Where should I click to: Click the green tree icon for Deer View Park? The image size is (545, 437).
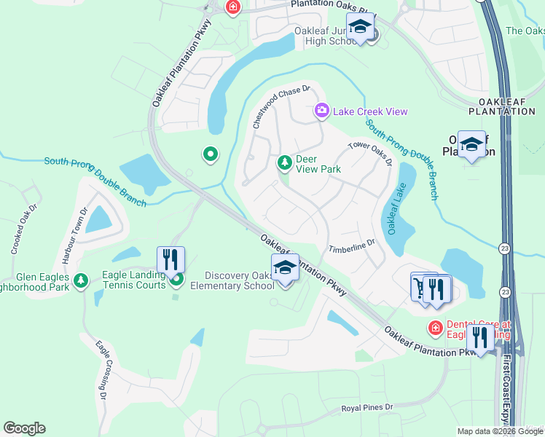coord(284,162)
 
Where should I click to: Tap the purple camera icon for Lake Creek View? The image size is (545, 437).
coord(321,111)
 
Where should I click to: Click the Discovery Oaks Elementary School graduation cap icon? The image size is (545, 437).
coord(285,269)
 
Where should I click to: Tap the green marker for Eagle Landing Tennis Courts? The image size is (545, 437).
coord(176,277)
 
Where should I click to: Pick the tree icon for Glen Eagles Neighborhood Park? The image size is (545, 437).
coord(82,280)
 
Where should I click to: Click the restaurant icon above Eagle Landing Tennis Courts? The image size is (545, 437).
coord(170,259)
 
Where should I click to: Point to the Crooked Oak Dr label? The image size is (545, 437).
coord(23,229)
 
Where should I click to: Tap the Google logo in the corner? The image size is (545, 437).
coord(24,428)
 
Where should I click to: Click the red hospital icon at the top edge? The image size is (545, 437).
coord(232,7)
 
